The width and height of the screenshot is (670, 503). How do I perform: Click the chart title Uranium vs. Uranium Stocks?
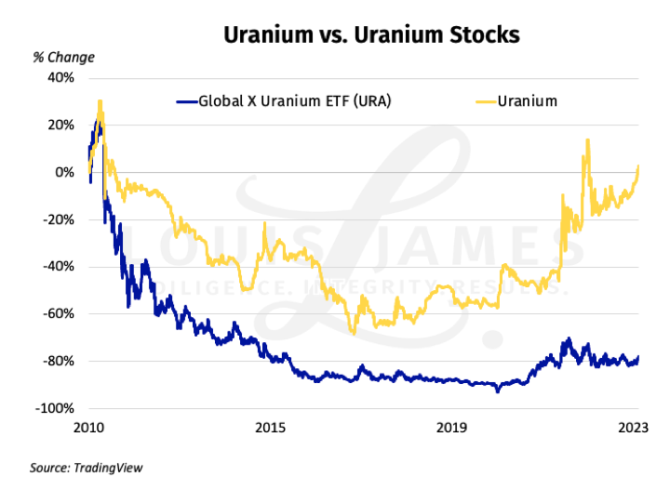click(x=370, y=35)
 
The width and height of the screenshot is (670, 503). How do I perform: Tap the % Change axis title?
click(x=64, y=58)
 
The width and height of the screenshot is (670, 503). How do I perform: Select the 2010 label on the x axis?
click(x=88, y=428)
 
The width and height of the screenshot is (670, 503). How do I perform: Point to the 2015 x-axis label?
click(x=270, y=428)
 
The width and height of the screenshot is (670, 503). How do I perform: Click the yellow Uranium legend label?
click(x=528, y=100)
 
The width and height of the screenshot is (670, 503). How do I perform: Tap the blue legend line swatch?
click(x=186, y=100)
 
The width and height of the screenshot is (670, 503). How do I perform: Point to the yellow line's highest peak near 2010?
click(x=100, y=101)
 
